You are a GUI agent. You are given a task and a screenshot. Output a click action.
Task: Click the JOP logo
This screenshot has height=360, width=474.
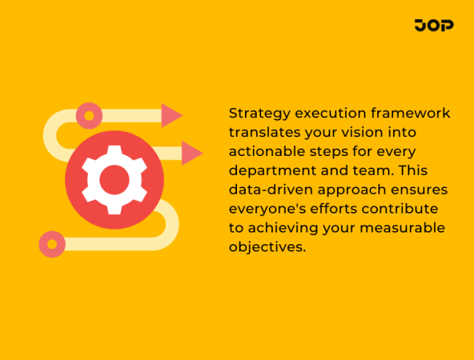point(433,26)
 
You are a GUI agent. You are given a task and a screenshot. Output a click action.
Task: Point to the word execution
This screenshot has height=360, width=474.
point(327,114)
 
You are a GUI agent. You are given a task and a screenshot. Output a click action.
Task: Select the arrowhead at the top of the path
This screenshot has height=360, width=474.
point(171,115)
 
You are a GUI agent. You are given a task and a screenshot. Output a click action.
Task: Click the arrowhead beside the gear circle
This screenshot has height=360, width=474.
point(192,153)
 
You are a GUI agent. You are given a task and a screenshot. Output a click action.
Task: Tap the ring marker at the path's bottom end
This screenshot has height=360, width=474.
point(52,244)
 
